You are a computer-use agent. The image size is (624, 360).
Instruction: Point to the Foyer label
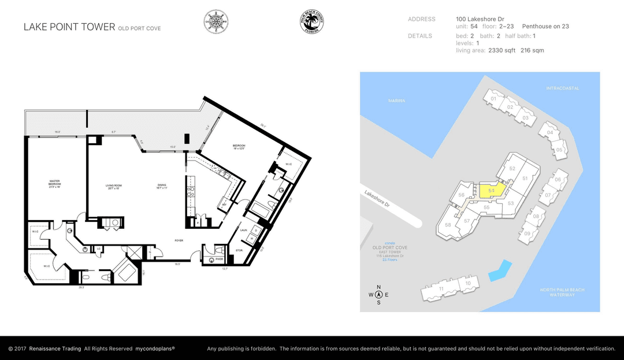tap(179, 240)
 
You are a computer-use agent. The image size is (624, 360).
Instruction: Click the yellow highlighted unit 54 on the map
tap(491, 190)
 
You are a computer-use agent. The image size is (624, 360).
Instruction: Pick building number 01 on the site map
tap(493, 99)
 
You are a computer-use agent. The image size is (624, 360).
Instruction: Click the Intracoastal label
tap(562, 88)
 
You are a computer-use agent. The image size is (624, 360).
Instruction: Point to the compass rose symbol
tap(378, 294)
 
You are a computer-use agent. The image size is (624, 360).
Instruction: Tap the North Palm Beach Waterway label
tap(562, 292)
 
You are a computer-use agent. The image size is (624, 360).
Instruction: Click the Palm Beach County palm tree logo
tap(311, 22)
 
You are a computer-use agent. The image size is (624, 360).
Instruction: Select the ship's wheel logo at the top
tap(216, 22)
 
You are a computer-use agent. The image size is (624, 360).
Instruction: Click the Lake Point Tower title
tap(69, 27)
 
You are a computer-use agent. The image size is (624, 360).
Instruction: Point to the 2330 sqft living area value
tap(502, 50)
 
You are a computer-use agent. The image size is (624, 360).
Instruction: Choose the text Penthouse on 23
tap(545, 26)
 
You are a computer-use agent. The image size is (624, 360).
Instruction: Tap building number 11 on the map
tap(441, 288)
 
